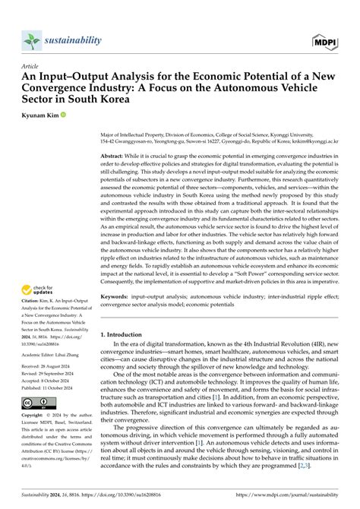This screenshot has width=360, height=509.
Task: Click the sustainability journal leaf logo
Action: pos(31,40)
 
